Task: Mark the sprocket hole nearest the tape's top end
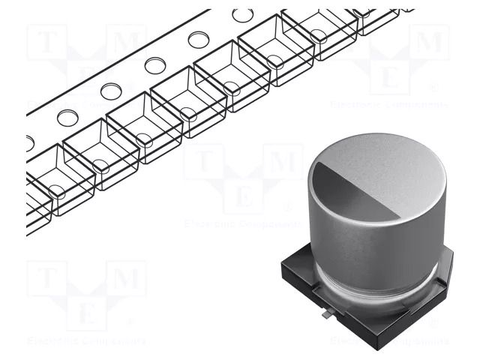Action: tap(242, 14)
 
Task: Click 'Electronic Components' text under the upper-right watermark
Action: tap(389, 104)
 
